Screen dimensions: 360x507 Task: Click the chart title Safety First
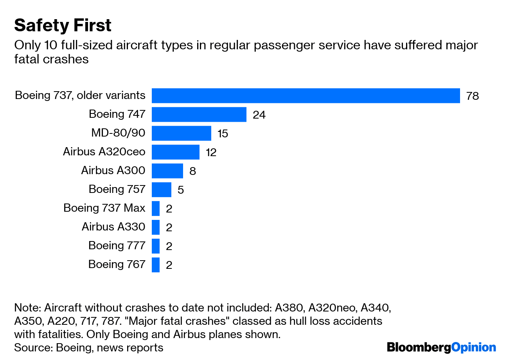63,26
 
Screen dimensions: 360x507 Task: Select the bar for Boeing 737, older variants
306,96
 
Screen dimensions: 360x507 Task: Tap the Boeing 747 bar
199,115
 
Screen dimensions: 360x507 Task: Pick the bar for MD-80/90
181,133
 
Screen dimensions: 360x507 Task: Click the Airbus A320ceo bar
175,152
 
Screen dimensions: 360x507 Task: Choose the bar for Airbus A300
167,171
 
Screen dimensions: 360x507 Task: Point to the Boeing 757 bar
161,190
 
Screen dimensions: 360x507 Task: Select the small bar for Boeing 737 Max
156,209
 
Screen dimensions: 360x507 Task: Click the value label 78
473,96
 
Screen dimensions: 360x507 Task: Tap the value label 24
259,115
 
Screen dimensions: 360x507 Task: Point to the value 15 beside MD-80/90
223,134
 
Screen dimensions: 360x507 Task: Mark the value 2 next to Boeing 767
169,265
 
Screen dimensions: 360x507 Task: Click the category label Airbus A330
113,227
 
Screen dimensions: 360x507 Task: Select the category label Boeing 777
117,245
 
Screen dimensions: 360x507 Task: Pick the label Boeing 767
117,264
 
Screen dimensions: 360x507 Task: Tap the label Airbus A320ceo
104,151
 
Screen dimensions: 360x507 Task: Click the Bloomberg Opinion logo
441,347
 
